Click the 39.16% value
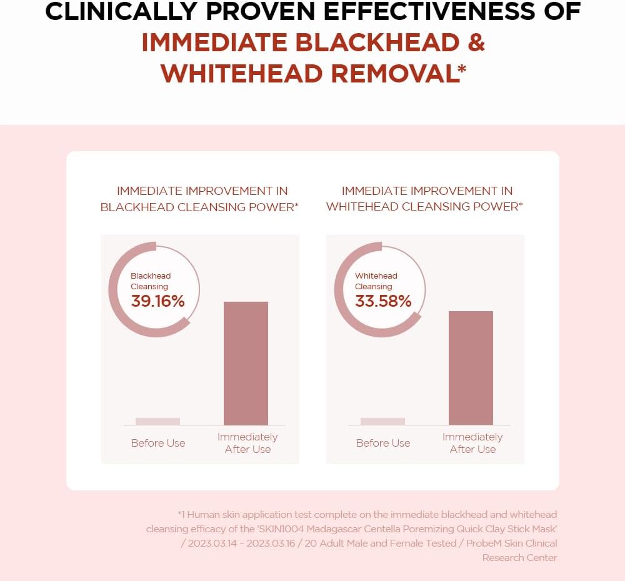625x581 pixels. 157,301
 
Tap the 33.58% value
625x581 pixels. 383,301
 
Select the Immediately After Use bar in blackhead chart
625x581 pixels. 246,363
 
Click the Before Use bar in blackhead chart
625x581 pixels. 157,421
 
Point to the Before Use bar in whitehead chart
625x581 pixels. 382,421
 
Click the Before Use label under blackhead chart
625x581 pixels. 158,443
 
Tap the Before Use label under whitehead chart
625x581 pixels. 383,443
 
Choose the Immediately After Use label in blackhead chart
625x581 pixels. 247,443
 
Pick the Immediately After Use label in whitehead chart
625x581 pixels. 472,443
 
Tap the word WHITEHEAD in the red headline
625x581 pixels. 241,73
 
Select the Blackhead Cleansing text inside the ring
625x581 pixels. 150,281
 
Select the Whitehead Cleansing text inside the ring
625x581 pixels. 376,281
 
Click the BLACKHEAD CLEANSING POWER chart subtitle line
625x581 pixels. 199,207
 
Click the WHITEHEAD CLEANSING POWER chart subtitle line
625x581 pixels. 424,207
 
